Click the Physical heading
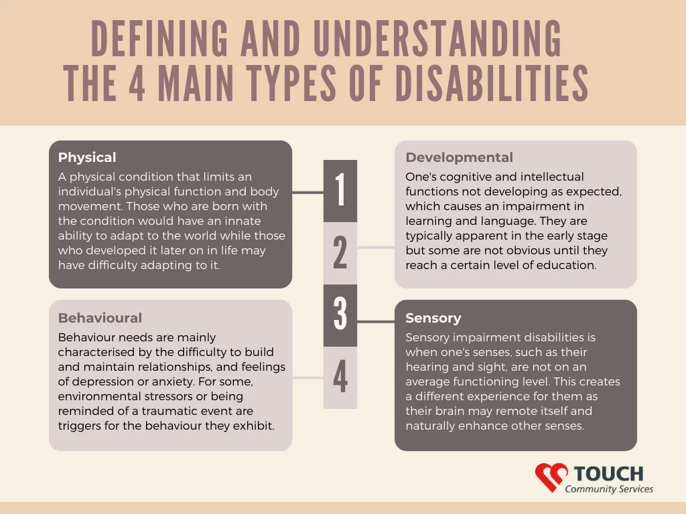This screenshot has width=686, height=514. coord(87,157)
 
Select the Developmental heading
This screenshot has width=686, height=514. coord(459,157)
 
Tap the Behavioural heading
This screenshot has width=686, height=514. coord(100,318)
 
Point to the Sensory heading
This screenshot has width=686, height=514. coord(433,318)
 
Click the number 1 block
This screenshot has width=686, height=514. coord(340,191)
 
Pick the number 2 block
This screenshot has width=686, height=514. coord(340,253)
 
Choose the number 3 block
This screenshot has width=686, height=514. coord(340,316)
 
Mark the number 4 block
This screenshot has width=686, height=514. coord(340,377)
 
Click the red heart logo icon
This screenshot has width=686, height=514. coord(551,477)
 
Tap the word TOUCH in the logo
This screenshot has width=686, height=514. coord(608,474)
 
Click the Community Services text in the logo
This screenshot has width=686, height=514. coord(608,489)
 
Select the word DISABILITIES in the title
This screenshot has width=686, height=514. coord(492,83)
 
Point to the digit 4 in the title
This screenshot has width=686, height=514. coord(137,83)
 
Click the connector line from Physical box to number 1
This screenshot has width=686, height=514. coord(307,192)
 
